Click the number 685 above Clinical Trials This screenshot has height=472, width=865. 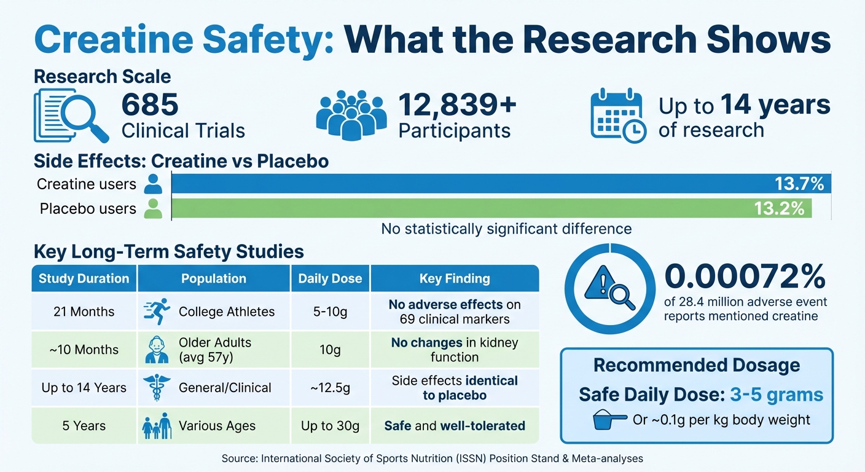(x=150, y=104)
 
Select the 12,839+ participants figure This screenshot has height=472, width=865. (x=457, y=104)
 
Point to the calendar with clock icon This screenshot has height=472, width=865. (x=618, y=117)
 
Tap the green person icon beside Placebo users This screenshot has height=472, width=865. (x=153, y=209)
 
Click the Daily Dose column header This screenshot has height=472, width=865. (x=330, y=278)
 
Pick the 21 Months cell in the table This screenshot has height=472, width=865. (x=84, y=312)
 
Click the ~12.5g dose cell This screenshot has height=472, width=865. (x=330, y=388)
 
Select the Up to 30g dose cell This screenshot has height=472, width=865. (x=330, y=426)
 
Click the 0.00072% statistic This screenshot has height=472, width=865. (x=745, y=277)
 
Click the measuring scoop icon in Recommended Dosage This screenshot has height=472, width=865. (x=610, y=421)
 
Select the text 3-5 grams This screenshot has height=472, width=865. (x=777, y=394)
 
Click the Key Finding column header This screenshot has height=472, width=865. (x=455, y=278)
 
